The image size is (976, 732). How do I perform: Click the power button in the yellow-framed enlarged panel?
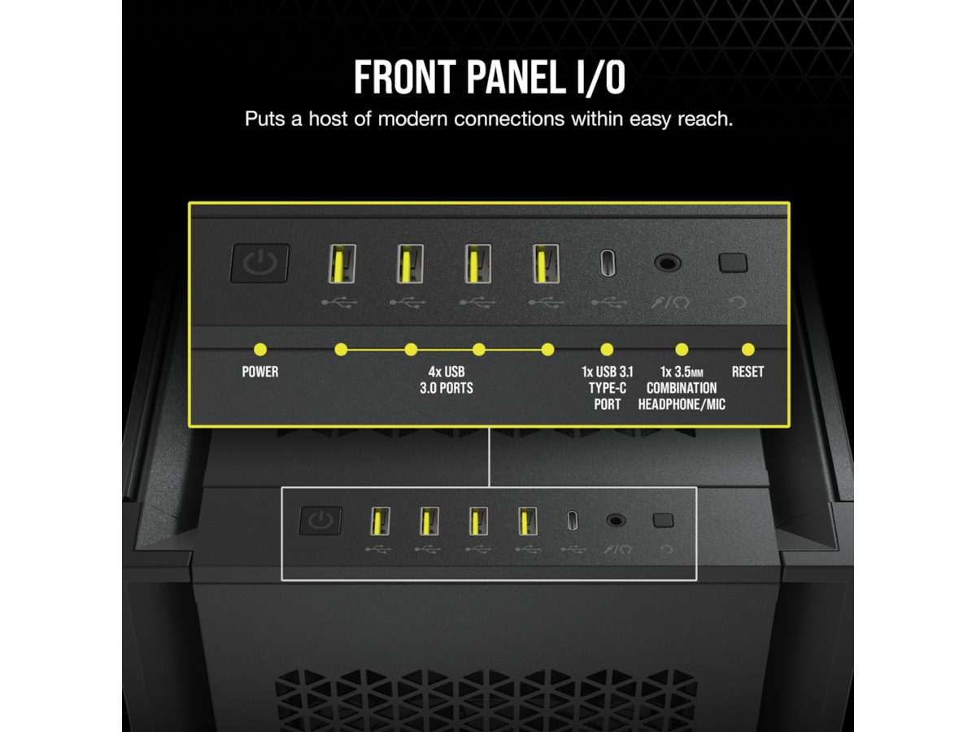coord(259,263)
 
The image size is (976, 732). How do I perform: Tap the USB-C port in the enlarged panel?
coord(608,263)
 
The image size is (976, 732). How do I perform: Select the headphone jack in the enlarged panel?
coord(667,263)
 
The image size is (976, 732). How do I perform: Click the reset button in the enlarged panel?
coord(733,263)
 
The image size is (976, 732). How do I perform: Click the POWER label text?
coord(260,372)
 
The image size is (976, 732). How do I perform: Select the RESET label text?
coord(747,372)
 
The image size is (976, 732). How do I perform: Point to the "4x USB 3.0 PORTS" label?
coord(447,380)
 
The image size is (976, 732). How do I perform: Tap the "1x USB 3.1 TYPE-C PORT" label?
coord(608,388)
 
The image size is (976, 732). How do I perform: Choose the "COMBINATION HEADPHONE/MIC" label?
coord(682,396)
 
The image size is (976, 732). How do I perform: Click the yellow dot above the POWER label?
coord(260,350)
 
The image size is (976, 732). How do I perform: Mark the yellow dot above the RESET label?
coord(748,350)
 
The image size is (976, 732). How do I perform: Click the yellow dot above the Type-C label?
coord(607,350)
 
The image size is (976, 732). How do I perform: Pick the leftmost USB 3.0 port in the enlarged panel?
coord(342,263)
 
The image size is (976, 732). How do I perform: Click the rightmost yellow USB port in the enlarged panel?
coord(546,263)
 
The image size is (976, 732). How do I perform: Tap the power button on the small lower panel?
coord(320,520)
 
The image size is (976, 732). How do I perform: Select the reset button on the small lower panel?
coord(663,521)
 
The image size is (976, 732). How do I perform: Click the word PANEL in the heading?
coord(513,77)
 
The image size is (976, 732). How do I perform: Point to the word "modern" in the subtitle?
coord(412,119)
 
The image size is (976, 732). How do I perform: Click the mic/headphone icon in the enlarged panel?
coord(670,303)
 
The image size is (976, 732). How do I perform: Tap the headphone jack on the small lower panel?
coord(616,521)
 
